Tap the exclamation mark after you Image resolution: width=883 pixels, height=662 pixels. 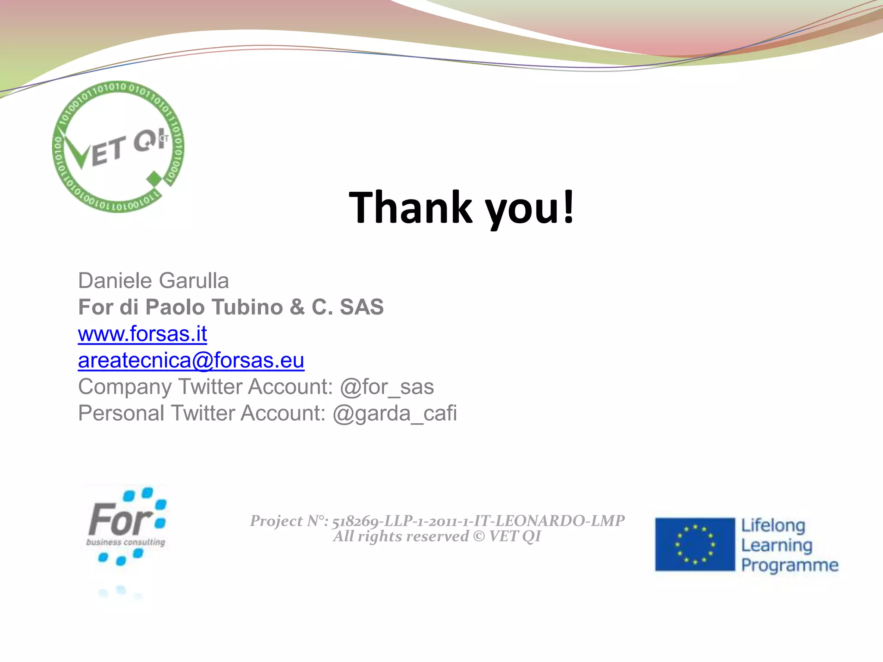(x=569, y=207)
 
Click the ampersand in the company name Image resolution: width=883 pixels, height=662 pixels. (x=297, y=307)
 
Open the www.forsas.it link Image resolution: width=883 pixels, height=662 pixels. (x=142, y=334)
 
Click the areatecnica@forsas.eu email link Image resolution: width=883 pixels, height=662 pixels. (x=191, y=360)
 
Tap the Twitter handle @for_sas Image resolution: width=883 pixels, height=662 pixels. (x=387, y=387)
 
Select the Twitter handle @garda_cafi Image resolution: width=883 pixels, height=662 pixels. (x=395, y=413)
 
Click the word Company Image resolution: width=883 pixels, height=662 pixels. (x=125, y=387)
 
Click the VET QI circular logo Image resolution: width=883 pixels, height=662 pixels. (x=118, y=147)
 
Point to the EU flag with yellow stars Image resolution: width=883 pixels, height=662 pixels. (x=695, y=544)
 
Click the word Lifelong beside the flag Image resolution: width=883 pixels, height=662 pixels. (x=773, y=525)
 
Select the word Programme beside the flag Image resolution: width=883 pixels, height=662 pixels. (x=789, y=565)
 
